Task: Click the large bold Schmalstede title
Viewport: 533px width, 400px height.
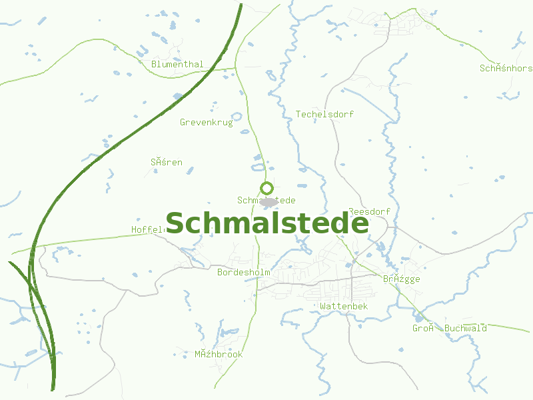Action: click(x=266, y=223)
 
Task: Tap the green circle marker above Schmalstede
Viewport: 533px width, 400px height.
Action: click(x=266, y=188)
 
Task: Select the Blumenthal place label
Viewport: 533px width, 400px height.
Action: click(x=177, y=65)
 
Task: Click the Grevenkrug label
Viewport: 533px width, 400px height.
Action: click(x=207, y=123)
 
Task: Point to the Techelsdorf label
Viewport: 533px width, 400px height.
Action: click(x=324, y=115)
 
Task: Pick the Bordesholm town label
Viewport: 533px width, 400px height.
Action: click(x=243, y=273)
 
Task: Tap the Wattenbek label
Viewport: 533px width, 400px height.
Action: click(x=344, y=307)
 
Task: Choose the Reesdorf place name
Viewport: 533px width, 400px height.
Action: click(x=369, y=212)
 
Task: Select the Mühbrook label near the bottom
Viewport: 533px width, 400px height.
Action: click(x=219, y=355)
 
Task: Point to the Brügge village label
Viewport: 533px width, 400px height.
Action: click(x=401, y=279)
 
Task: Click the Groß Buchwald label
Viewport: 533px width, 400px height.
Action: click(x=449, y=329)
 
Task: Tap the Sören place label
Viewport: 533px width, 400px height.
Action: click(x=166, y=162)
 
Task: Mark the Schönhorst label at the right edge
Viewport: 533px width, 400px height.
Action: click(x=506, y=69)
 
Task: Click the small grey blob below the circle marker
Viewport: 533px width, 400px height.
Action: click(x=268, y=201)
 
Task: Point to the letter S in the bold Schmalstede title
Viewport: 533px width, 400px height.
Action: click(x=177, y=224)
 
